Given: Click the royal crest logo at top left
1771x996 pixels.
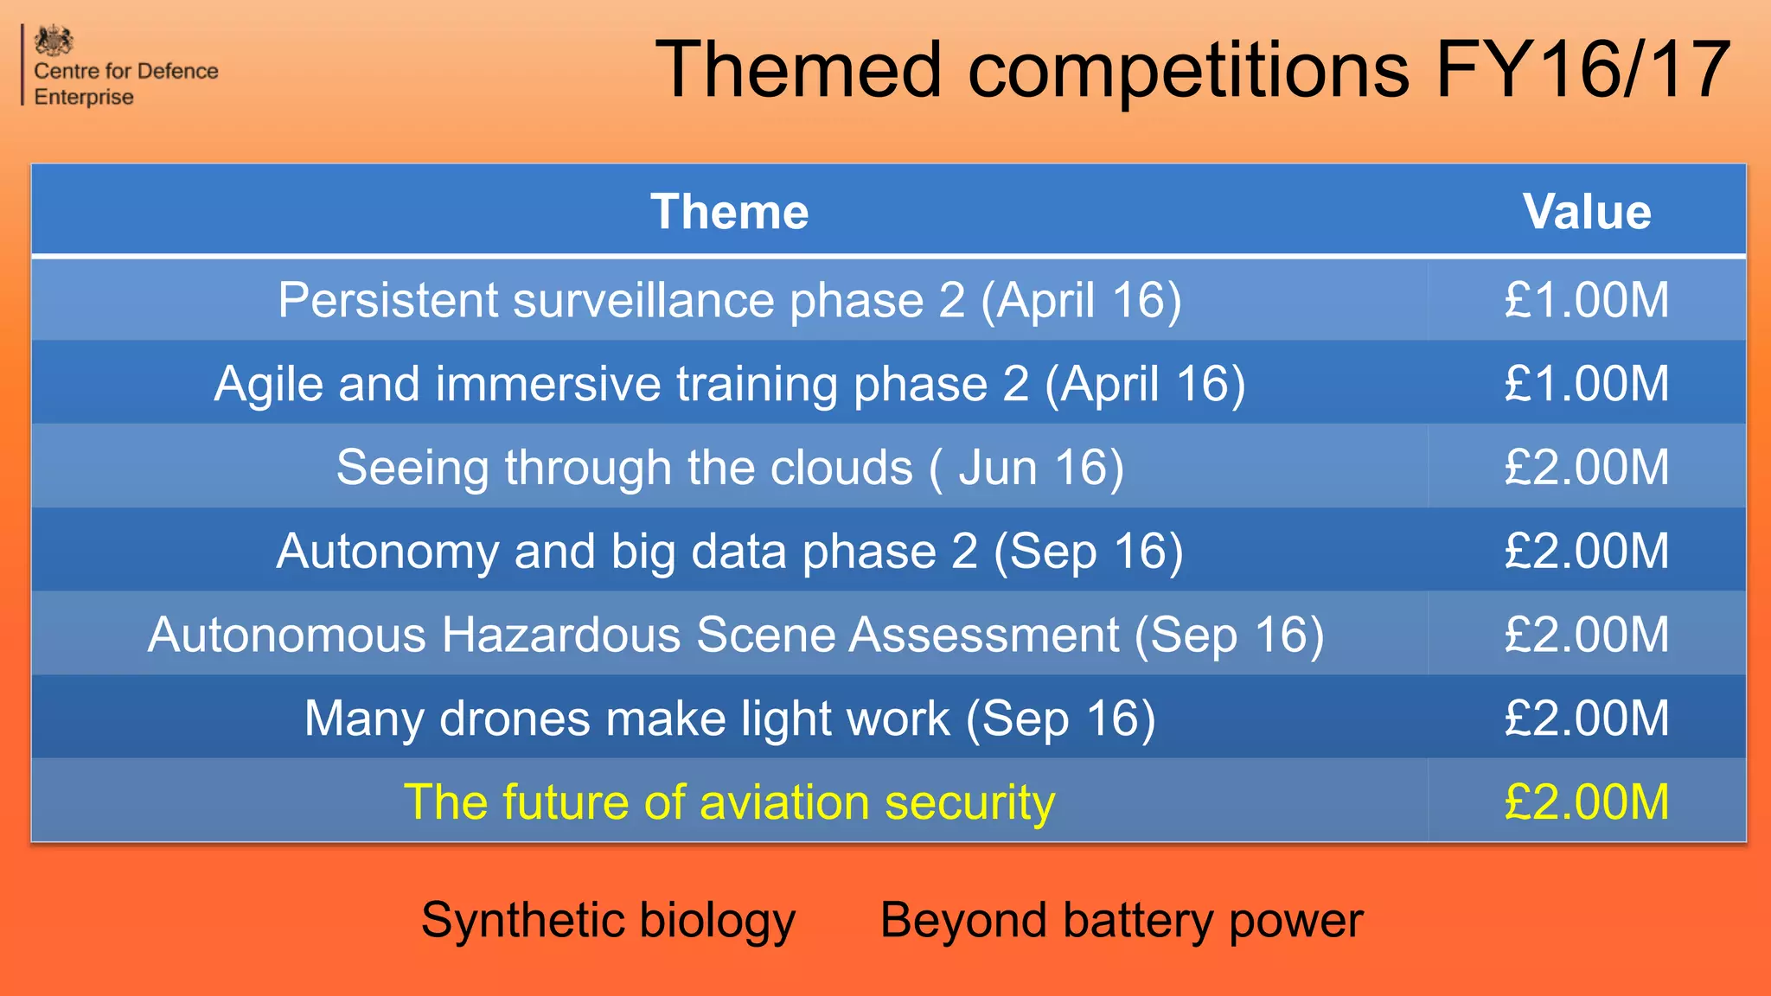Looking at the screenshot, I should pos(54,41).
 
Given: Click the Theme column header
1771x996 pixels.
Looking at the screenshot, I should pos(729,212).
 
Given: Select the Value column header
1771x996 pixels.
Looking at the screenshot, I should pos(1587,212).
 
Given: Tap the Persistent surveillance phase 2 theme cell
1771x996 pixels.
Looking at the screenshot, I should pos(729,300).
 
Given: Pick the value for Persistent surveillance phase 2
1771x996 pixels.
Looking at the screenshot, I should pos(1587,300).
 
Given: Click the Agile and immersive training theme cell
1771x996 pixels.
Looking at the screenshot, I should pos(729,384).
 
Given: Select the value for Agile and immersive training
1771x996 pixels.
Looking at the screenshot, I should pos(1587,384).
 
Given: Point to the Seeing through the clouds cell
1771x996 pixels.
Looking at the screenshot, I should pos(729,468).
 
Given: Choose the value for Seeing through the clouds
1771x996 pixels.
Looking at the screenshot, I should pos(1587,468).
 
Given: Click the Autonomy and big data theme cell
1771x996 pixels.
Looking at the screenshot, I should pos(729,552).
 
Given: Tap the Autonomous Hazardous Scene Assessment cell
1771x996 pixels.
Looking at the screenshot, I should pos(735,635).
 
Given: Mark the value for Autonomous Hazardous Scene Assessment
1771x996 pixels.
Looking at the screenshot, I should pos(1587,635).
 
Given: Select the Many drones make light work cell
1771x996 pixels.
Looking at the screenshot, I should pos(729,718).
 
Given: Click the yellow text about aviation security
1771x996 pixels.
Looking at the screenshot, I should pos(729,802).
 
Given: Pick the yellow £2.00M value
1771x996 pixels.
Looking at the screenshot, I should pos(1587,802).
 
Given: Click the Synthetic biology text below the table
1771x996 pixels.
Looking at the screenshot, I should pos(608,921).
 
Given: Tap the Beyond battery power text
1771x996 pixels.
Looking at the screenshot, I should pos(1121,921).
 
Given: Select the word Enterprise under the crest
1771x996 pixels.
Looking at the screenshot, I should pos(84,97).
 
